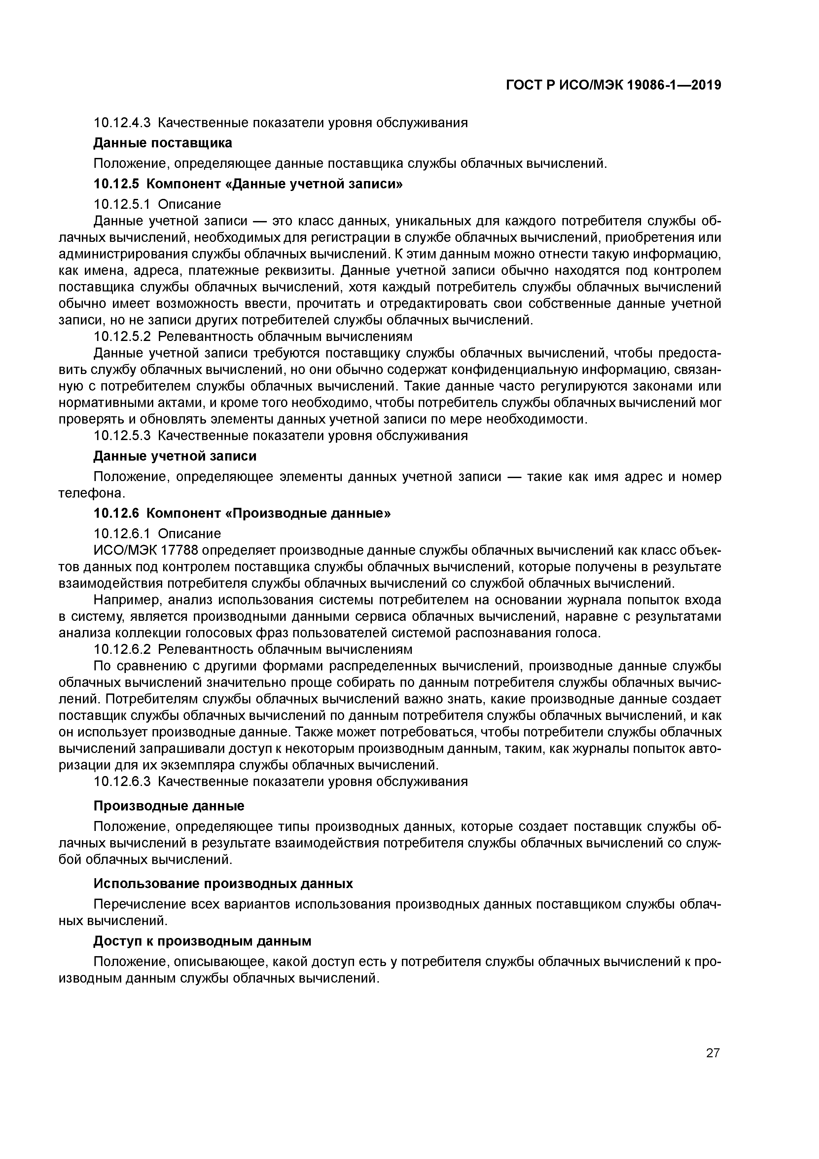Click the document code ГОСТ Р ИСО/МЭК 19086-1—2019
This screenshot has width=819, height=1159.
click(x=613, y=85)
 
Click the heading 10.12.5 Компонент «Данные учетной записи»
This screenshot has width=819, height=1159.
click(x=248, y=184)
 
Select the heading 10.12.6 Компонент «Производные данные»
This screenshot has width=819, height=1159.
click(x=242, y=513)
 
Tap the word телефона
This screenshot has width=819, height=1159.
click(x=89, y=493)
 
